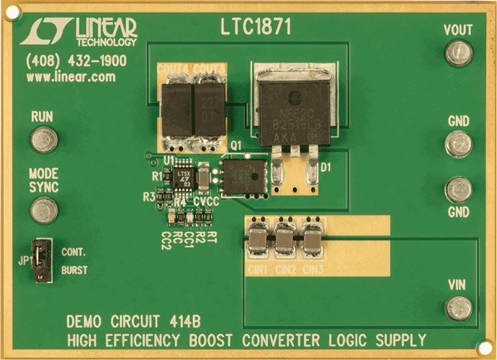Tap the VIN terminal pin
457,309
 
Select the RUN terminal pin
44,139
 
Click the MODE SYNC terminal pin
44,210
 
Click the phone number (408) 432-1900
76,61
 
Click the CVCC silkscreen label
206,202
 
